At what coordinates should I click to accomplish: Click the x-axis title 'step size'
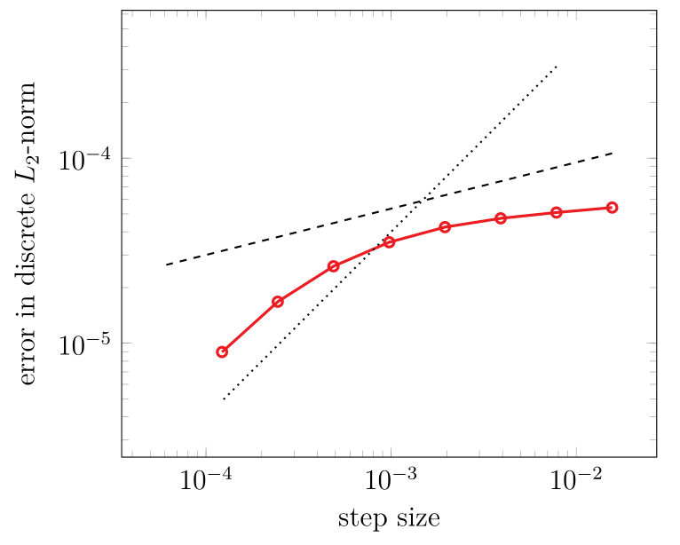(389, 518)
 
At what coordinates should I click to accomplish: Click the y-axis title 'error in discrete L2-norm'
(28, 233)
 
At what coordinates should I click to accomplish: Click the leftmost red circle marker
(222, 352)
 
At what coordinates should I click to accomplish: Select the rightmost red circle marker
(612, 208)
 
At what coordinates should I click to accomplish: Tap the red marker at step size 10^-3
(389, 242)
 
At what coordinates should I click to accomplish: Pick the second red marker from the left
(278, 302)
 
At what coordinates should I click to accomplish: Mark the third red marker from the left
(334, 266)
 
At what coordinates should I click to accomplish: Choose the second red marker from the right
(557, 212)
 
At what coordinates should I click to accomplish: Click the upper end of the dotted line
(557, 66)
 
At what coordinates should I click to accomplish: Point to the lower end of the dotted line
(223, 399)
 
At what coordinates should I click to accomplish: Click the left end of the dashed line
(166, 265)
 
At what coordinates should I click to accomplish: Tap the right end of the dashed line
(613, 153)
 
